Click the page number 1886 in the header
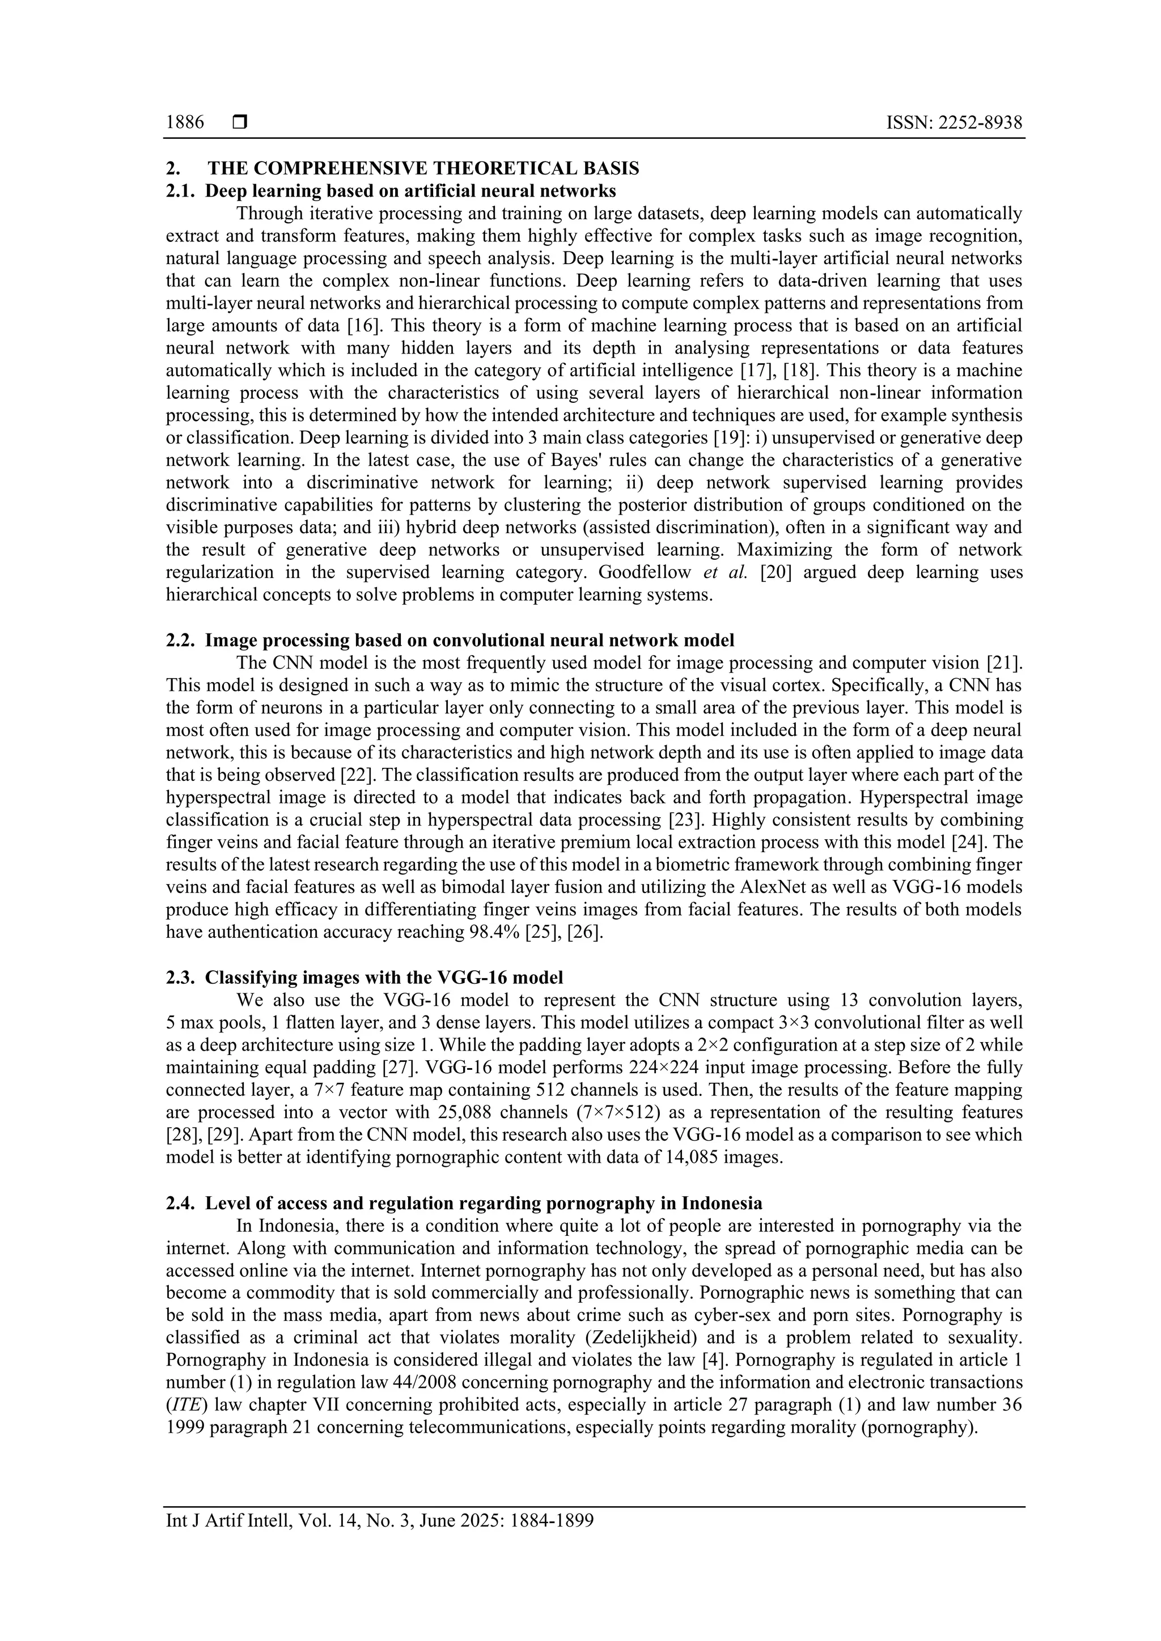click(x=184, y=123)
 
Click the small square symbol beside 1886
click(x=239, y=123)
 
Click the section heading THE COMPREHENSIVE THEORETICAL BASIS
click(x=423, y=169)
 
